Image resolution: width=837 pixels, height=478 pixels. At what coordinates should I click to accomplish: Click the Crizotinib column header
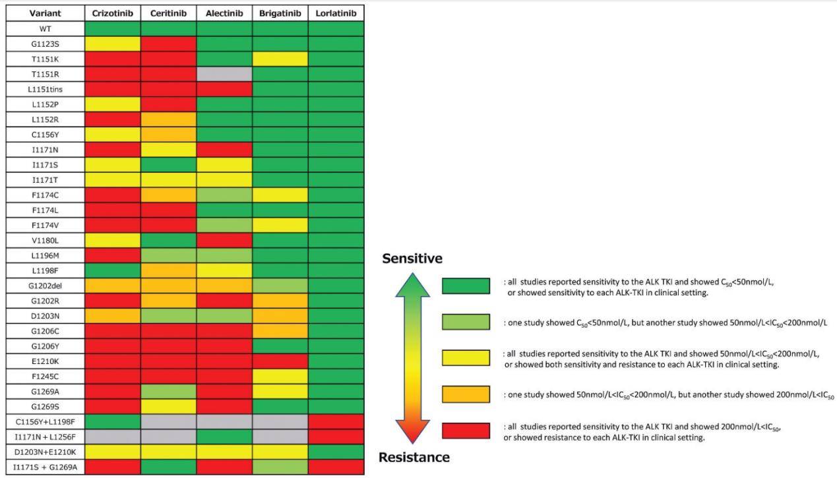(112, 13)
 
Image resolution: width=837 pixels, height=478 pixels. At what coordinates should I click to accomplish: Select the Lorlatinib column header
(336, 13)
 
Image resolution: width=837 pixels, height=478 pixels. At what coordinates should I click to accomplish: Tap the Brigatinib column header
(280, 13)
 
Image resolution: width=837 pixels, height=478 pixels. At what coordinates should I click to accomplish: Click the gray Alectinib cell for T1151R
(224, 74)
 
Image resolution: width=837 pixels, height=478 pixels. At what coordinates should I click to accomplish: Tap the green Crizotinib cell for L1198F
(112, 270)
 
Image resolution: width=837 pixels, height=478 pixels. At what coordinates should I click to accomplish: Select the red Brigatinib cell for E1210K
(280, 361)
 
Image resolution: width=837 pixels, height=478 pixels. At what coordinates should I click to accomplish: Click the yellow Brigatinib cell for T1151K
(280, 59)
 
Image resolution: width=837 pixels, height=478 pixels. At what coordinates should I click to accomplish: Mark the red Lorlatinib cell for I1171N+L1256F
(336, 436)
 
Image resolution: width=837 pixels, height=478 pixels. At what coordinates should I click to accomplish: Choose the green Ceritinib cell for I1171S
(168, 164)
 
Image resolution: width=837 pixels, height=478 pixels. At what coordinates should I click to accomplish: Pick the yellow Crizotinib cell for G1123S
(112, 44)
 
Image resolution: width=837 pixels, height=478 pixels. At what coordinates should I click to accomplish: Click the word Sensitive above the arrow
(412, 258)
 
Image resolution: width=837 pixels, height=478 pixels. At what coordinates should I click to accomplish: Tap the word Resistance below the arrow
(414, 457)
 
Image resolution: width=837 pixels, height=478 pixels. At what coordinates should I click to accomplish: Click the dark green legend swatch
(466, 286)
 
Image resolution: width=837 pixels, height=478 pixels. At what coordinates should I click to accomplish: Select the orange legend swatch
(466, 394)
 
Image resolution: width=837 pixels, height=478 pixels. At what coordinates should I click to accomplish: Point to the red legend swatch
(466, 431)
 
